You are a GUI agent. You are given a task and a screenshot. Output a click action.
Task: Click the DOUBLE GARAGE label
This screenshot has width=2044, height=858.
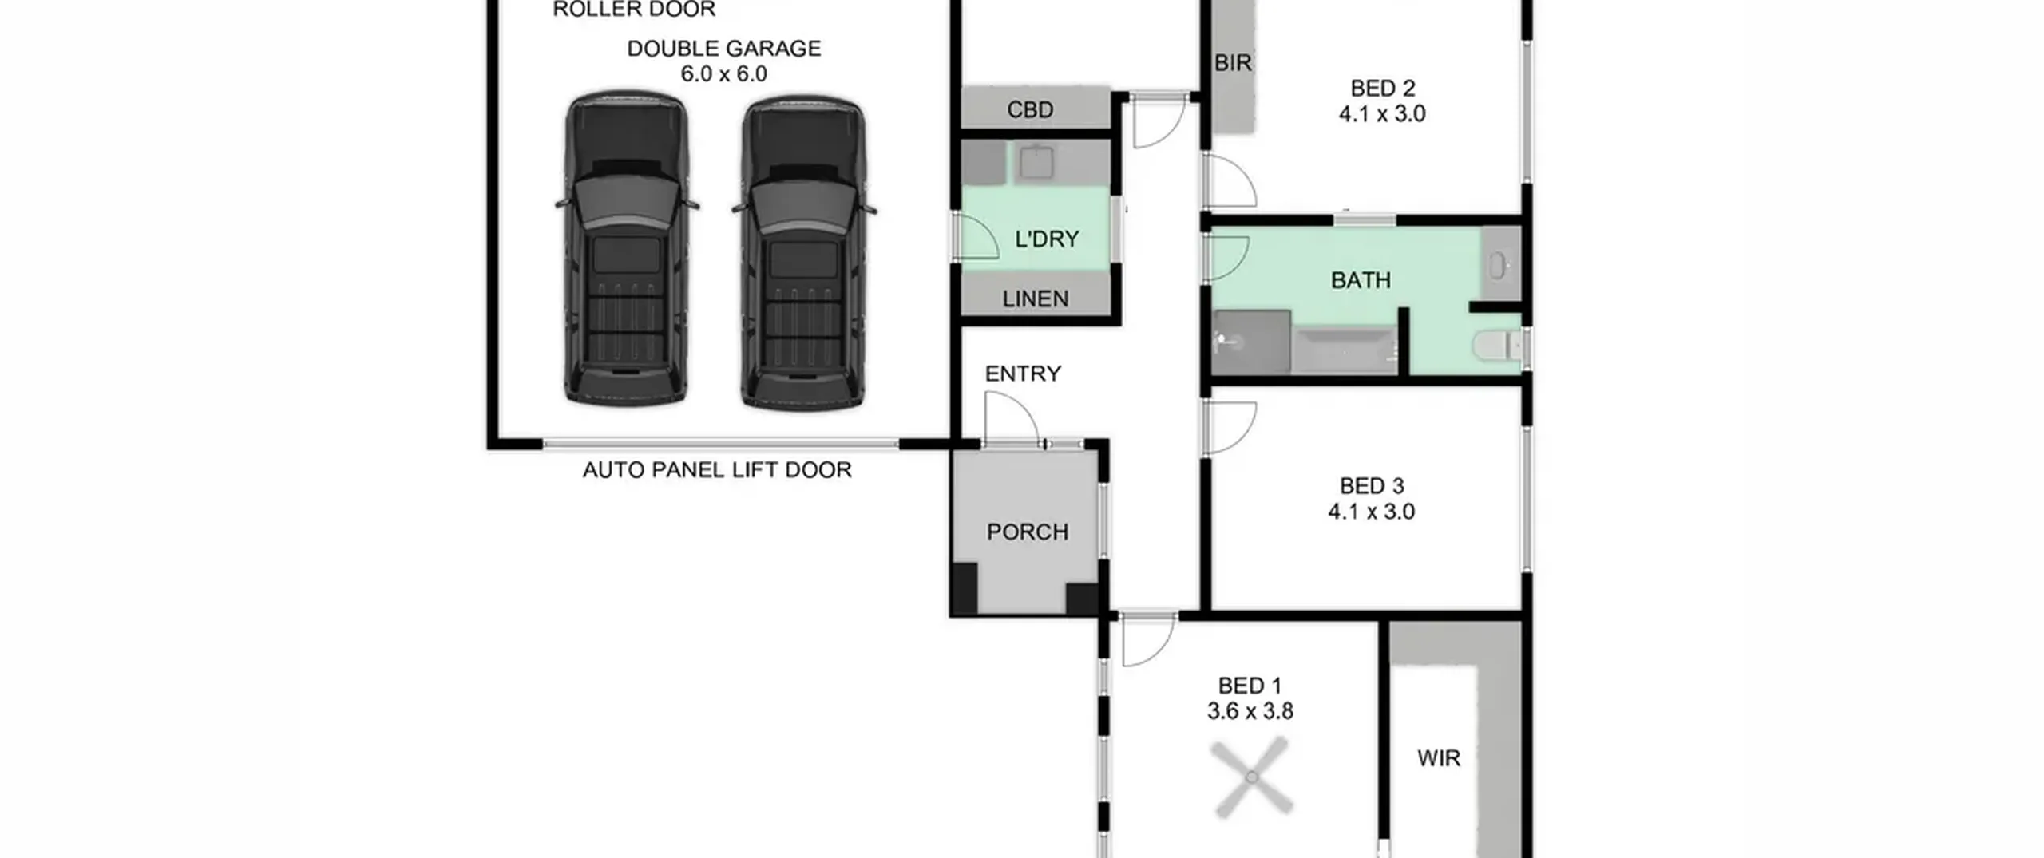(x=723, y=49)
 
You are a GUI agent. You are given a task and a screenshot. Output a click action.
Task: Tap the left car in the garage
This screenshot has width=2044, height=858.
(x=627, y=248)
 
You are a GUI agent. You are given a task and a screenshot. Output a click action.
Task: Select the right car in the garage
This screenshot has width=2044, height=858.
(x=803, y=253)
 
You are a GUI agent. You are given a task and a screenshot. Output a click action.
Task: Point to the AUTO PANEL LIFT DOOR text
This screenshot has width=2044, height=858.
(x=717, y=470)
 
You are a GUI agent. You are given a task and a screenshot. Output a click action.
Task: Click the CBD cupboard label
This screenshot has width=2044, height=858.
(x=1030, y=109)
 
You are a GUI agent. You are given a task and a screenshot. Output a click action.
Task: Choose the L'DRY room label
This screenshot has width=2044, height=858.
(x=1047, y=239)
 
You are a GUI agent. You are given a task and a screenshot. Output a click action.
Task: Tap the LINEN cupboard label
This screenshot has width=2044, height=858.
(x=1036, y=299)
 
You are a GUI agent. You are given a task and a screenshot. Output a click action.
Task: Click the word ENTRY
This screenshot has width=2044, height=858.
(x=1023, y=374)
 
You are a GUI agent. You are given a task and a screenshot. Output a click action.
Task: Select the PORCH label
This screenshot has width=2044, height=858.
(x=1028, y=532)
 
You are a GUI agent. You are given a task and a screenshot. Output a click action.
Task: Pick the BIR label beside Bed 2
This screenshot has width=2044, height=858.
(x=1233, y=63)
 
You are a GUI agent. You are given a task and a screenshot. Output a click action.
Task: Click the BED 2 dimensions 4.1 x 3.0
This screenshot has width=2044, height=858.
(x=1382, y=114)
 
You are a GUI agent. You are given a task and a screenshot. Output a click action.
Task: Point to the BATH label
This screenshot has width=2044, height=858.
(x=1361, y=280)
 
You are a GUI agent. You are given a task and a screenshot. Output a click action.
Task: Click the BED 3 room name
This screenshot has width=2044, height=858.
(x=1372, y=486)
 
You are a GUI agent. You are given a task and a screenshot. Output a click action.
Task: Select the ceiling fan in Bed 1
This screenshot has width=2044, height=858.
(x=1251, y=777)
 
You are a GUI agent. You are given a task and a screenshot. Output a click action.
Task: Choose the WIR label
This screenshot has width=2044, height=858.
(x=1439, y=758)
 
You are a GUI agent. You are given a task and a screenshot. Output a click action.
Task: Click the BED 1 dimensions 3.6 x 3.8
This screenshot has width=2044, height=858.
(x=1250, y=711)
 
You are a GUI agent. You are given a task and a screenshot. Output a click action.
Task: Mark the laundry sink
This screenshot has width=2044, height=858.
(x=1036, y=163)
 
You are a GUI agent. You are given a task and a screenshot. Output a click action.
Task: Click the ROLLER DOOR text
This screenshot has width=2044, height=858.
(x=634, y=10)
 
